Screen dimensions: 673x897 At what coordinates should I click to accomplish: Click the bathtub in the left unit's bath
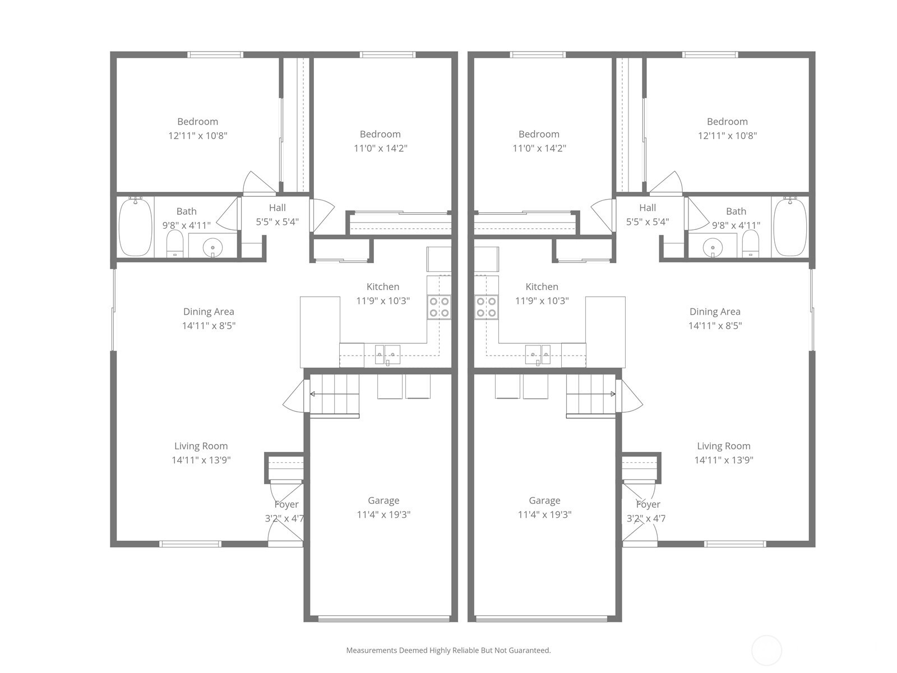click(135, 227)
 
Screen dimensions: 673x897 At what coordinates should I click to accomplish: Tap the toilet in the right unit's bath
click(750, 244)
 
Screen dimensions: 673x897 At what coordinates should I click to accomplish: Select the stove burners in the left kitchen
click(439, 307)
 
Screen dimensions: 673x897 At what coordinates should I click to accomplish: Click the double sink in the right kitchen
click(538, 354)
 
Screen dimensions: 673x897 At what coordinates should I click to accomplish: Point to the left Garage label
click(383, 500)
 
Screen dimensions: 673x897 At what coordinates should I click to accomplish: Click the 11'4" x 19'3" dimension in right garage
click(544, 514)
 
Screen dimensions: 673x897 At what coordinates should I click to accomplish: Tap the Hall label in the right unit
click(648, 208)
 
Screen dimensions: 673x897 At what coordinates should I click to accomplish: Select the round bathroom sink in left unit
click(212, 246)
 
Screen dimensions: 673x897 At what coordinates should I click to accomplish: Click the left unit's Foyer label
click(286, 504)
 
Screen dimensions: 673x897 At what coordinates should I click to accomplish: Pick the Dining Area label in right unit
click(715, 311)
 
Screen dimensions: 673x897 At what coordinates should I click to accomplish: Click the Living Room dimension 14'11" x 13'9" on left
click(201, 460)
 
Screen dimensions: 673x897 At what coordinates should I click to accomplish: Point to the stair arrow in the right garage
click(612, 394)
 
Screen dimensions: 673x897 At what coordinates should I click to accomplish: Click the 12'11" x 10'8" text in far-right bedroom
click(727, 135)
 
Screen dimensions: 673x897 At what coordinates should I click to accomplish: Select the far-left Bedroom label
click(197, 121)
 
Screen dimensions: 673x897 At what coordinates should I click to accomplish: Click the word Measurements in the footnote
click(371, 651)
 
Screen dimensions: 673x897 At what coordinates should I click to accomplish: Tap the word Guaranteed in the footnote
click(530, 651)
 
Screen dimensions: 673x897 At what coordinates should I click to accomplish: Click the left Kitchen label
click(383, 287)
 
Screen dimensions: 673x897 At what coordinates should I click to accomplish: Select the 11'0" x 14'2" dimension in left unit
click(380, 148)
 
